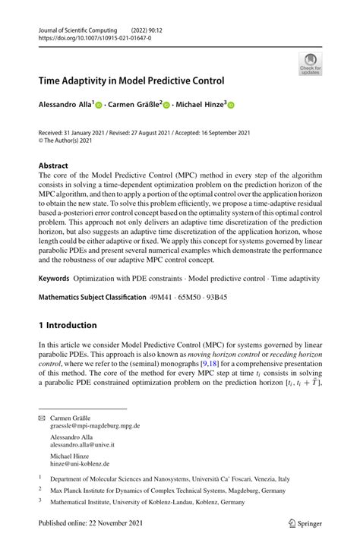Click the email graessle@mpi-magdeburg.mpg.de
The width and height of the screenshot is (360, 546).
click(95, 426)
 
